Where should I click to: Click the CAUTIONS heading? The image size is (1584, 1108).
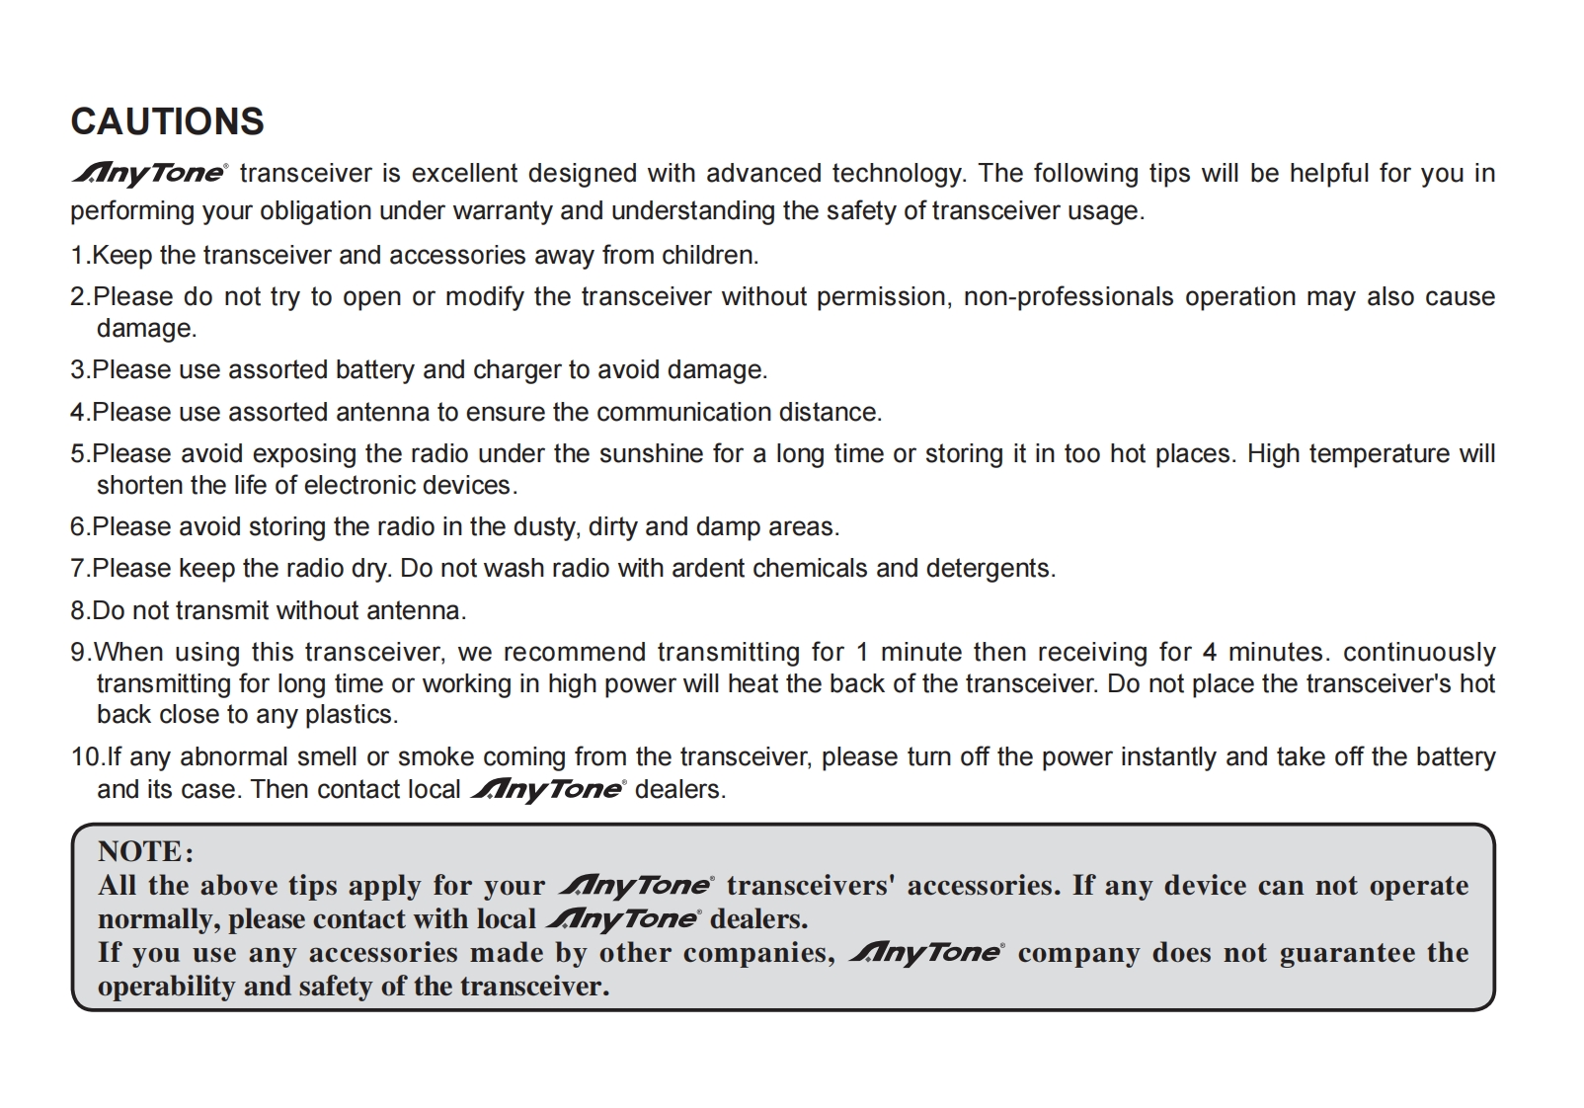(167, 121)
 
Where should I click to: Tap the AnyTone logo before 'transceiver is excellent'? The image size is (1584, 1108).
(149, 174)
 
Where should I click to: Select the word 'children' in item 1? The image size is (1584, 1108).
(707, 256)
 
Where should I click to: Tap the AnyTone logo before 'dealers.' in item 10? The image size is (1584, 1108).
(547, 790)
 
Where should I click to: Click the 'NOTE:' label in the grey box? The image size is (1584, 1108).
(145, 851)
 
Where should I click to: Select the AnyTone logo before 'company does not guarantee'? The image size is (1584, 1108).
(926, 953)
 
